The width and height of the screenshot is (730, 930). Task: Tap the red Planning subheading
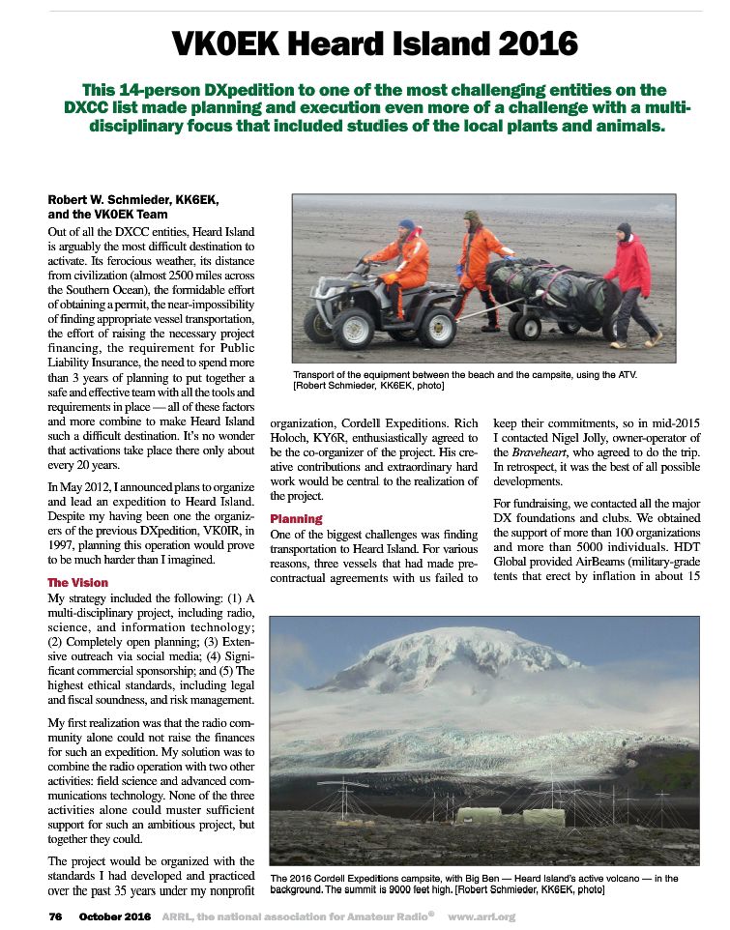pos(297,519)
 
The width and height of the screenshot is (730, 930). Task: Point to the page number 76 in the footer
pos(55,915)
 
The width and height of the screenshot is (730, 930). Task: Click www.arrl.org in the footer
pos(482,915)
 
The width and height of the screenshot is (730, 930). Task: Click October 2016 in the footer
pos(115,915)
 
